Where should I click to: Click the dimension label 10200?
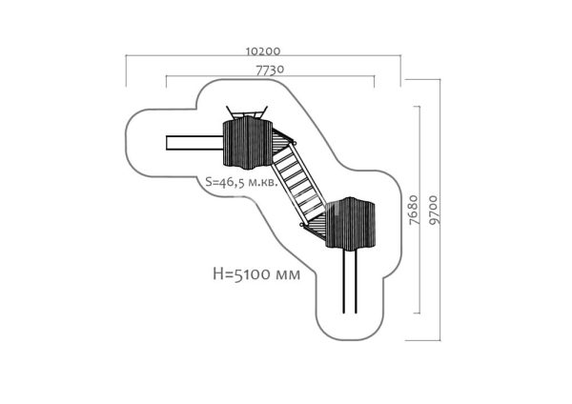tap(263, 50)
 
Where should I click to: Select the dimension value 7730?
tap(270, 70)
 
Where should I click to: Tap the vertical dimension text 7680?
tap(414, 210)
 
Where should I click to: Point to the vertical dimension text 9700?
tap(434, 210)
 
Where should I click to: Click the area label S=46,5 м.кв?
tap(241, 182)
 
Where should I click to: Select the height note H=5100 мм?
tap(256, 274)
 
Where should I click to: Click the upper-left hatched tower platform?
tap(248, 143)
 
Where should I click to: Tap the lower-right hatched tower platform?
tap(350, 223)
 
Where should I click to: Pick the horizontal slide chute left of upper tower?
tap(194, 143)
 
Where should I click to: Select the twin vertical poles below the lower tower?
tap(350, 281)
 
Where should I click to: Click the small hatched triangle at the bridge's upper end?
tap(283, 141)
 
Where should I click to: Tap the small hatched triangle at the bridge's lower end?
tap(315, 228)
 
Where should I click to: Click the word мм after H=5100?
tap(288, 275)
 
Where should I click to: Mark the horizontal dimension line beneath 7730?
tap(271, 76)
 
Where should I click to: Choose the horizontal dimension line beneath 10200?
tap(263, 56)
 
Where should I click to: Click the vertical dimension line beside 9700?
tap(439, 210)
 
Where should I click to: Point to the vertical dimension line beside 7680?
tap(419, 210)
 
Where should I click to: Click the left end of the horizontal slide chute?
tap(166, 143)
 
